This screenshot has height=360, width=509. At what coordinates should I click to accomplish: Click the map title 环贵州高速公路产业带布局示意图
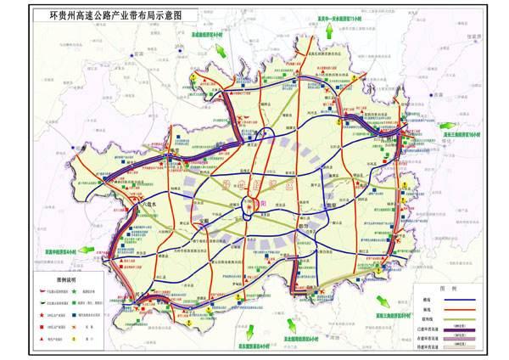click(x=116, y=15)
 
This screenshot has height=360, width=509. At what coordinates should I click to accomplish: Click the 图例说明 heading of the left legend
click(x=58, y=278)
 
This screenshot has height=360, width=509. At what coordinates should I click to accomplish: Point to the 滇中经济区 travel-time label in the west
click(x=54, y=253)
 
